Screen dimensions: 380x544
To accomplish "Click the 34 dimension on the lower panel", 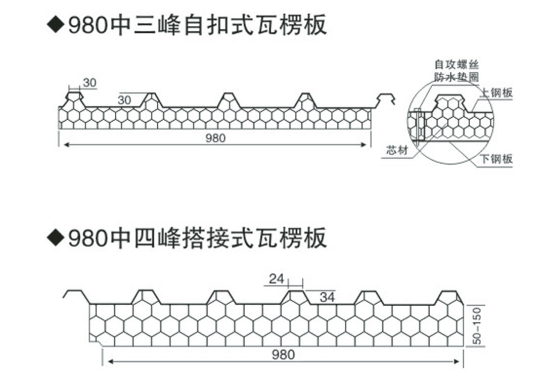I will click(328, 298).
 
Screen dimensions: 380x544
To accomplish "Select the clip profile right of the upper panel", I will click(385, 99).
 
